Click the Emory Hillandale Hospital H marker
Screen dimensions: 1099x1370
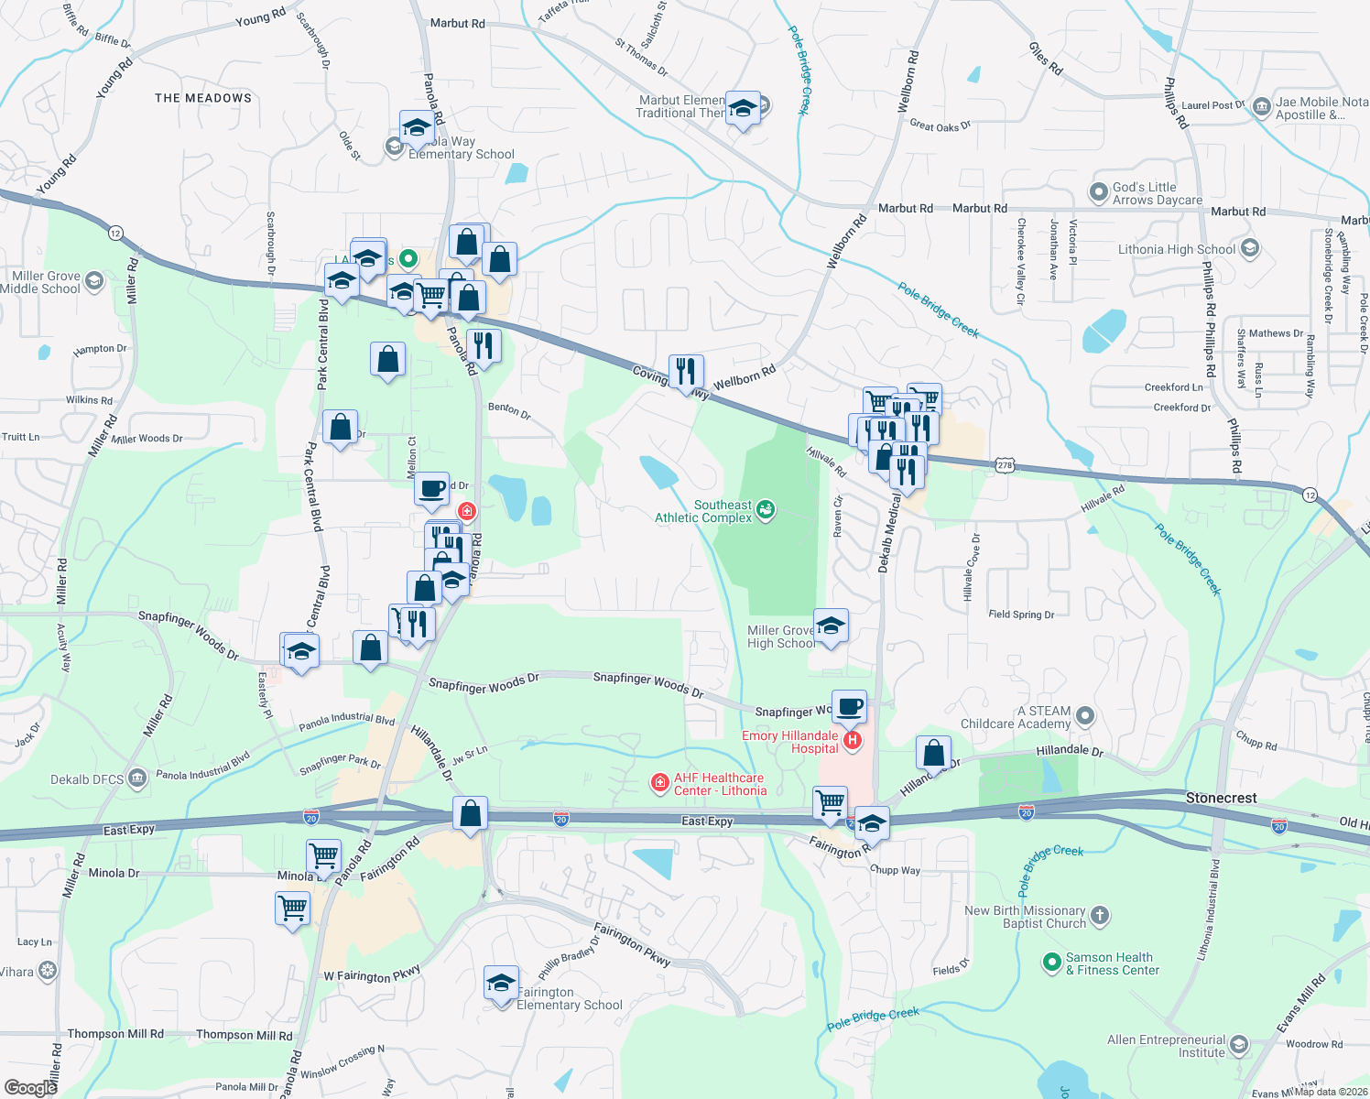(853, 741)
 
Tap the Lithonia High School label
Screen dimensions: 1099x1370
(1177, 249)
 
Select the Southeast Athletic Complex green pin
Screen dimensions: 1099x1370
(767, 510)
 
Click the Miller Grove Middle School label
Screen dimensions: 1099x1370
(46, 282)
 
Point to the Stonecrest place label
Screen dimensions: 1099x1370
(1221, 798)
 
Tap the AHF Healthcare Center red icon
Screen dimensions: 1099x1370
(659, 782)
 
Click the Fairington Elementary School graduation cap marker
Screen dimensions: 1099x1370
(501, 984)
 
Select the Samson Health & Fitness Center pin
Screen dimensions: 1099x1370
(1051, 963)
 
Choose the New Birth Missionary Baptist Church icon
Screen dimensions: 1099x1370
(1100, 916)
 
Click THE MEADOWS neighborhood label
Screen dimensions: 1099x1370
(203, 98)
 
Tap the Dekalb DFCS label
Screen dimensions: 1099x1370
(87, 779)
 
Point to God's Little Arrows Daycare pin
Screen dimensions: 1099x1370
(1098, 192)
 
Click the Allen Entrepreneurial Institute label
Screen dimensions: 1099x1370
(1166, 1046)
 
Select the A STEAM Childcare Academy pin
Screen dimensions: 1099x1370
(1085, 715)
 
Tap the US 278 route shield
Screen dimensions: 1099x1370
(1005, 465)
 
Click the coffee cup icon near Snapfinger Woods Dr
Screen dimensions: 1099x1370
(850, 707)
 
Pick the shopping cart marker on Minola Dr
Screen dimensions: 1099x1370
(323, 856)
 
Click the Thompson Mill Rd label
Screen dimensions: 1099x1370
(115, 1034)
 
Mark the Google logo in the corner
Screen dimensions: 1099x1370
(30, 1087)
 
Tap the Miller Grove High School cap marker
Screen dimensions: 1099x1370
(831, 626)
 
